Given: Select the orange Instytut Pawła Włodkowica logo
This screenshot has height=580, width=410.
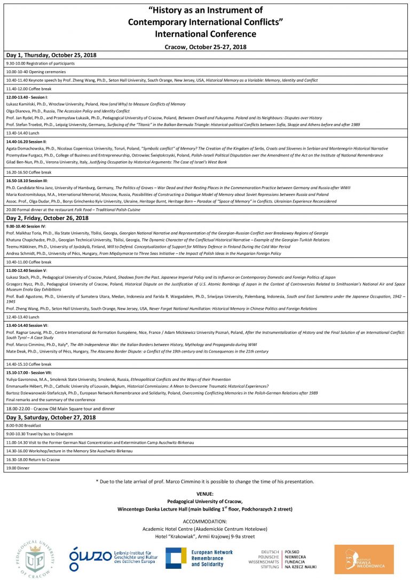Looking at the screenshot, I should [364, 558].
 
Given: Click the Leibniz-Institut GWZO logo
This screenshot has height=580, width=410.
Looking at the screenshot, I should [114, 558].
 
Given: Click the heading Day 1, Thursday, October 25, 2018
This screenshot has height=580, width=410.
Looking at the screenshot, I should [47, 56].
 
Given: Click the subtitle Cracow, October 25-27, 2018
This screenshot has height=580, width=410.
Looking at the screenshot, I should [206, 47].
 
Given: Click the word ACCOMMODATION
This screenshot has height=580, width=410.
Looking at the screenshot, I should [205, 521].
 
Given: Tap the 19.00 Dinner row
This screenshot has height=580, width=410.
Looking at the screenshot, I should [17, 468].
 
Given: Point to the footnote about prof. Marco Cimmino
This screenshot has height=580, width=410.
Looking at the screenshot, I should [205, 482].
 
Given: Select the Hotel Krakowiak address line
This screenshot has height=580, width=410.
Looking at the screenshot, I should [205, 536].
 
